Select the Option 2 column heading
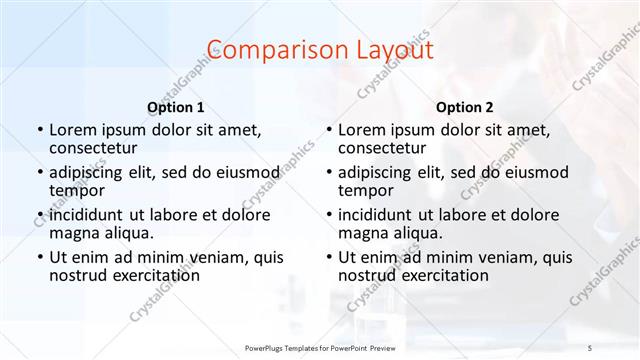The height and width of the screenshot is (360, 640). point(464,106)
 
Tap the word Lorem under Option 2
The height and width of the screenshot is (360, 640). point(360,130)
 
